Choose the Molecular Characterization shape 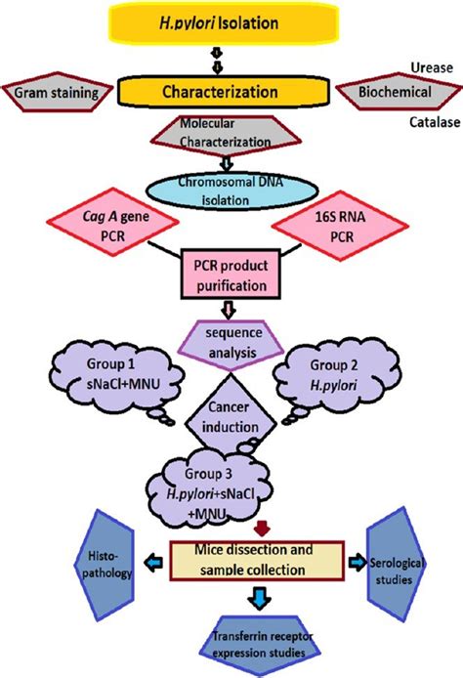point(226,133)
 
